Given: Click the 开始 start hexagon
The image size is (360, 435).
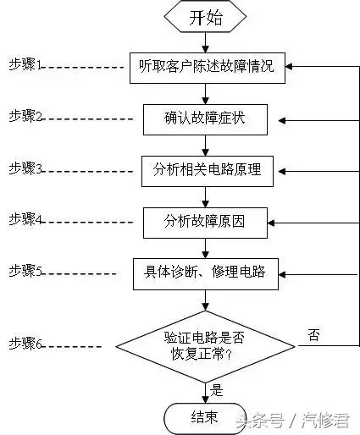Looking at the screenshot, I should click(206, 17).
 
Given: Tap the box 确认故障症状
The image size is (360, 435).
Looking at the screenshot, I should click(205, 118).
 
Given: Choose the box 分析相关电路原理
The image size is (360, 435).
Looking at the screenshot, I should click(207, 169).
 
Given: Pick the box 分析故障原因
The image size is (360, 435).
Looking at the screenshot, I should click(207, 222).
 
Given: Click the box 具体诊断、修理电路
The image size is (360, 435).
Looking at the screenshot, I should click(206, 273).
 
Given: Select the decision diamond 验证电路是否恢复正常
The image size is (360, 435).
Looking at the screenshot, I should click(206, 344).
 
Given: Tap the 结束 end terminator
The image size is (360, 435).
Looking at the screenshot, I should click(206, 416).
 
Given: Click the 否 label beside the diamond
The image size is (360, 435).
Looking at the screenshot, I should click(313, 335).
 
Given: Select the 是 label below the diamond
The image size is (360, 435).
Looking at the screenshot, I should click(217, 390).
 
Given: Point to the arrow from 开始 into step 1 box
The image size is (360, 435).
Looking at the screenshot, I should click(206, 42).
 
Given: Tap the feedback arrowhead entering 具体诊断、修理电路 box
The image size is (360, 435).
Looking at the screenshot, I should click(285, 273).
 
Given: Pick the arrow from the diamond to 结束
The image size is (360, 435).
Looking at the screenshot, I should click(206, 389).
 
